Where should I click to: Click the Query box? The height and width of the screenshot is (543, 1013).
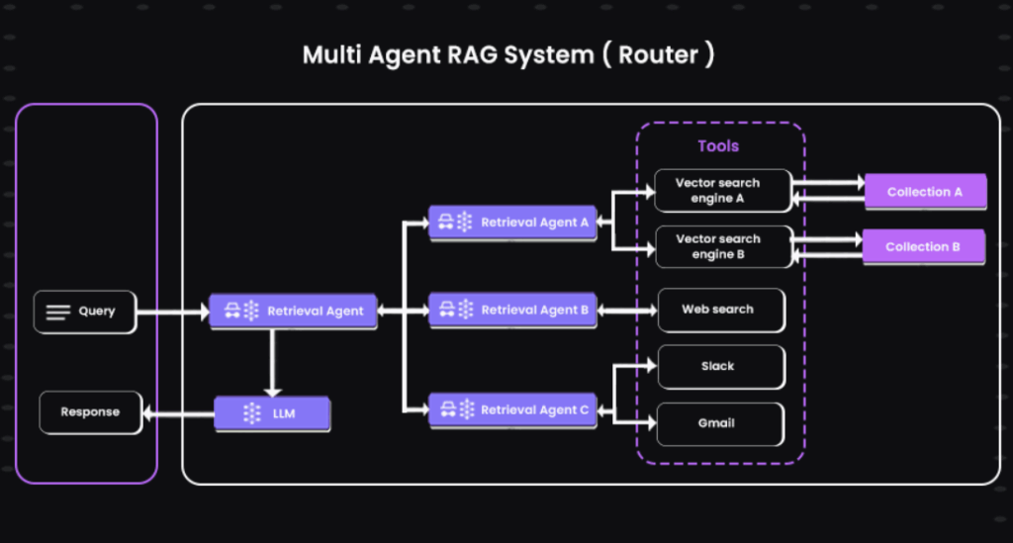tap(85, 312)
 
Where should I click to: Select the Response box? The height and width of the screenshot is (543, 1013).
tap(90, 412)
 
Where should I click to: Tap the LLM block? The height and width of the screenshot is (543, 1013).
tap(272, 413)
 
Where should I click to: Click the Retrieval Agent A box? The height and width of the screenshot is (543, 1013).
tap(513, 223)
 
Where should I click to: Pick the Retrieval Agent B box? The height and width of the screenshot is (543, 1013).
tap(513, 311)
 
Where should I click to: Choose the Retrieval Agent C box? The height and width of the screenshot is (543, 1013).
tap(513, 410)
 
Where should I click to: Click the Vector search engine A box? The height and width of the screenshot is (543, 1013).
tap(723, 191)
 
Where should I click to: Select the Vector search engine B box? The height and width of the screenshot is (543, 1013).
tap(723, 246)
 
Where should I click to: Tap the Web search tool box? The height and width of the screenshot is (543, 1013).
tap(721, 310)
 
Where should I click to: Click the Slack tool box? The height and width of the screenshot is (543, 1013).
tap(721, 367)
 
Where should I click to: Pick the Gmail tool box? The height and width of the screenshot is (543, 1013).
tap(720, 424)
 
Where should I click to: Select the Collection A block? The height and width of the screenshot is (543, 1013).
tap(926, 192)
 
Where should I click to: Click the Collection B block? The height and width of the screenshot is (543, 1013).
tap(924, 246)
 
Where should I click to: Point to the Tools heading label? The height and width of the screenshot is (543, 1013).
tap(718, 146)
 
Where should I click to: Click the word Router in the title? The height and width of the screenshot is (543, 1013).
tap(658, 54)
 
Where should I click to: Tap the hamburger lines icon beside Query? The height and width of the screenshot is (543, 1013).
tap(58, 313)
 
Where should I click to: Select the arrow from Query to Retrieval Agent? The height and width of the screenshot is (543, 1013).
tap(173, 313)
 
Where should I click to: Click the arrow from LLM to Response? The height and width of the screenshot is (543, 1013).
tap(178, 413)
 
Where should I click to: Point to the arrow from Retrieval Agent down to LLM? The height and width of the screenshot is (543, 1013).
tap(273, 363)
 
